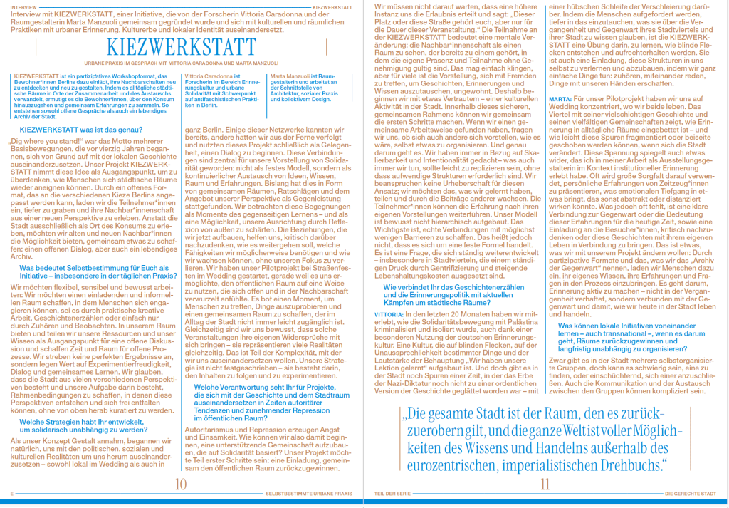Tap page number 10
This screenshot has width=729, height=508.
[180, 485]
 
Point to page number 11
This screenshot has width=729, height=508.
[546, 485]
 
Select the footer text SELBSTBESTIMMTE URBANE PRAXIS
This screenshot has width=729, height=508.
[308, 493]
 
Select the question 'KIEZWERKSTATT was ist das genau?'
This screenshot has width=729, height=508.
[78, 129]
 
